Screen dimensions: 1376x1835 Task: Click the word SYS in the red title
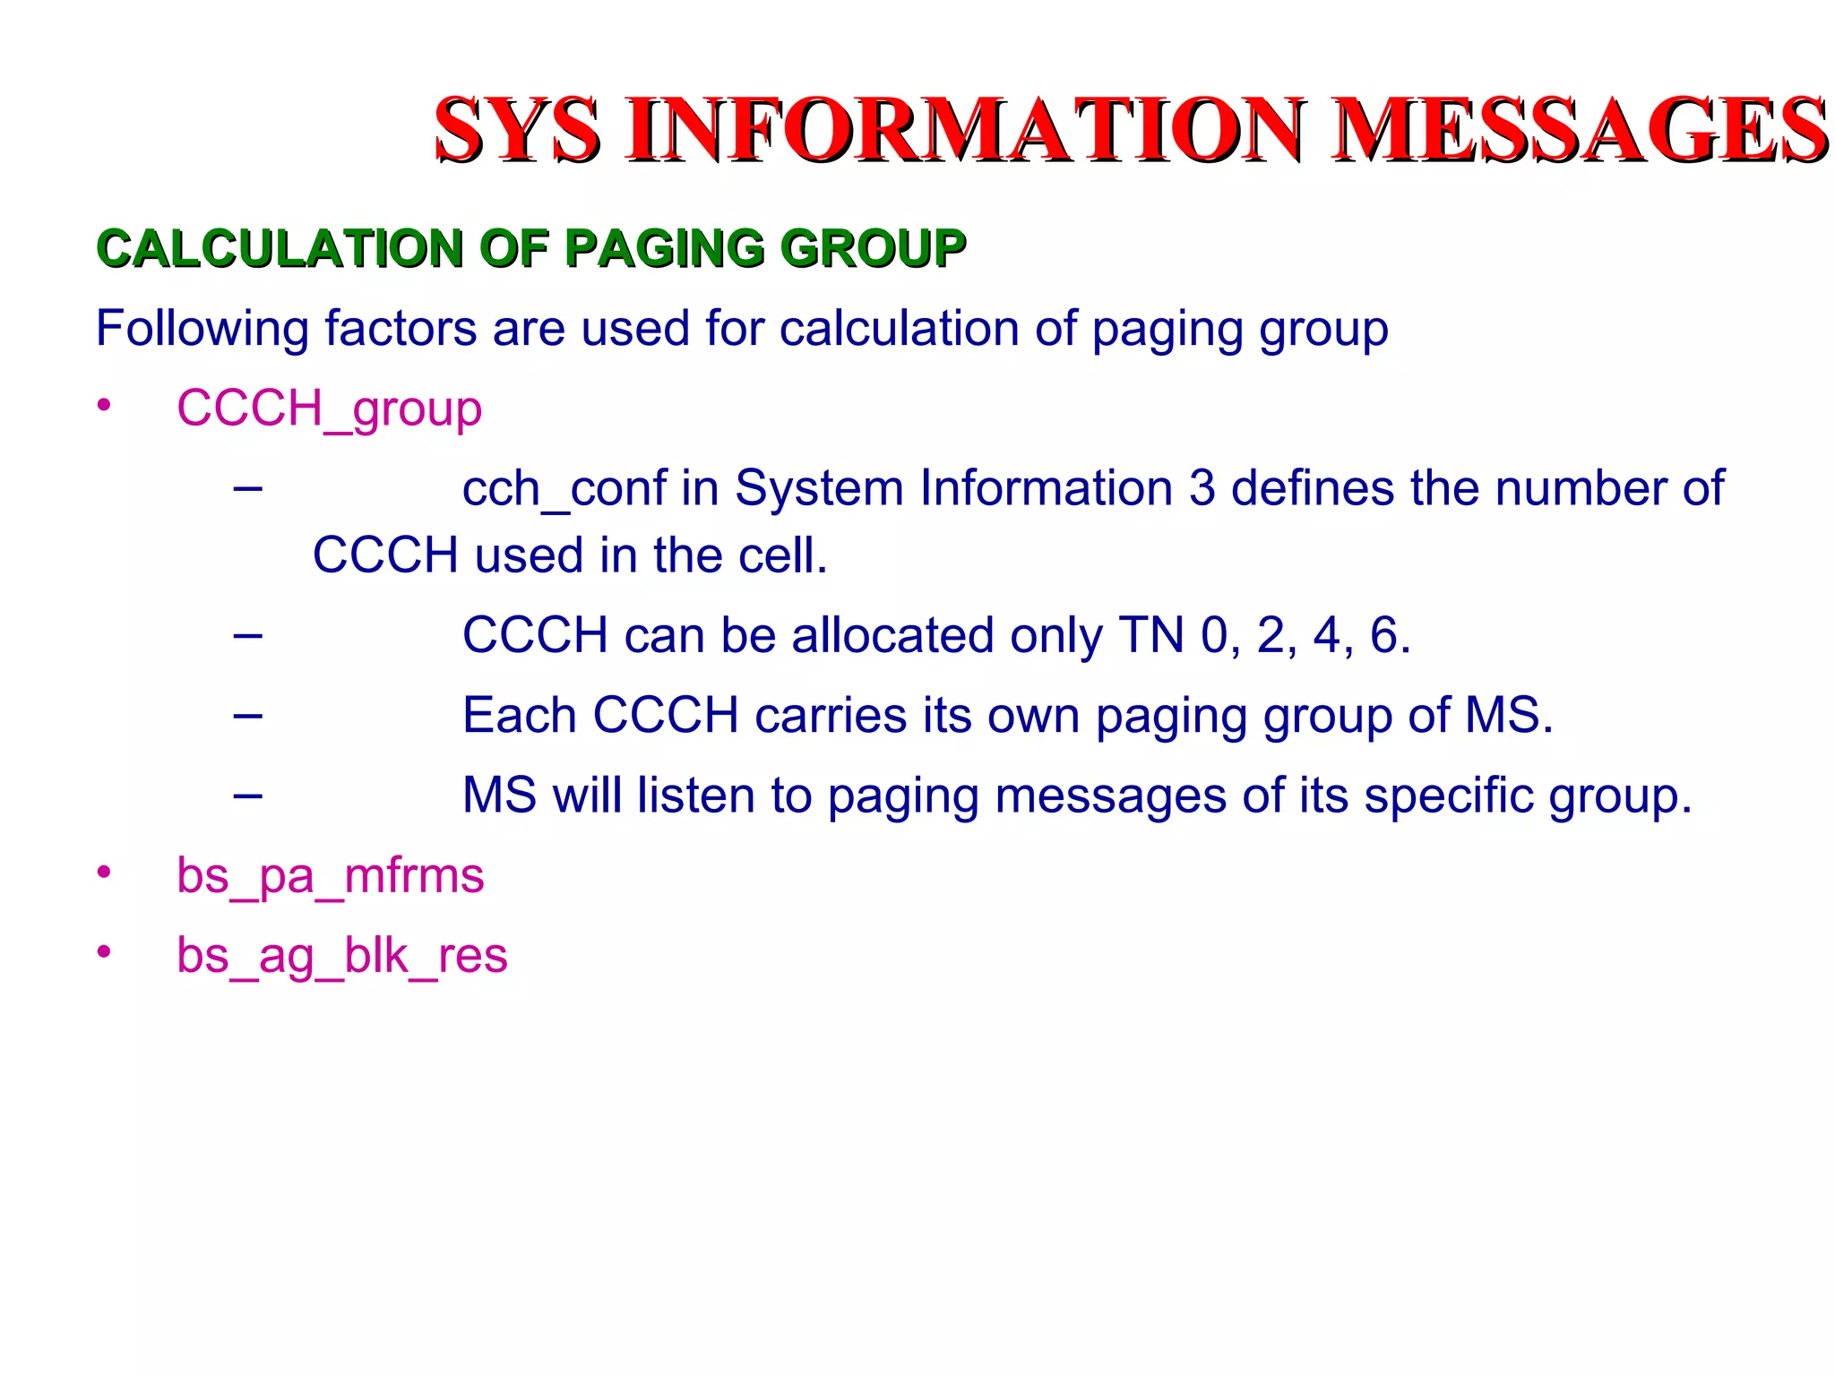[x=517, y=131]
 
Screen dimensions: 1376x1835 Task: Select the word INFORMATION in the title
[x=966, y=131]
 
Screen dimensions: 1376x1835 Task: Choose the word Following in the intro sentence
[x=202, y=329]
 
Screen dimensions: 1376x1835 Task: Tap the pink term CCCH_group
[x=329, y=409]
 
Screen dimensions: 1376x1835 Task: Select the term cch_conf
[x=564, y=489]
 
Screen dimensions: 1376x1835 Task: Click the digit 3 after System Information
[x=1202, y=489]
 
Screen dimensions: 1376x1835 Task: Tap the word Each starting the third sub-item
[x=519, y=715]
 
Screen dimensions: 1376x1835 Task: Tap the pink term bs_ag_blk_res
[x=341, y=955]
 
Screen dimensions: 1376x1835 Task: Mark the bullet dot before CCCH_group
[x=105, y=406]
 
